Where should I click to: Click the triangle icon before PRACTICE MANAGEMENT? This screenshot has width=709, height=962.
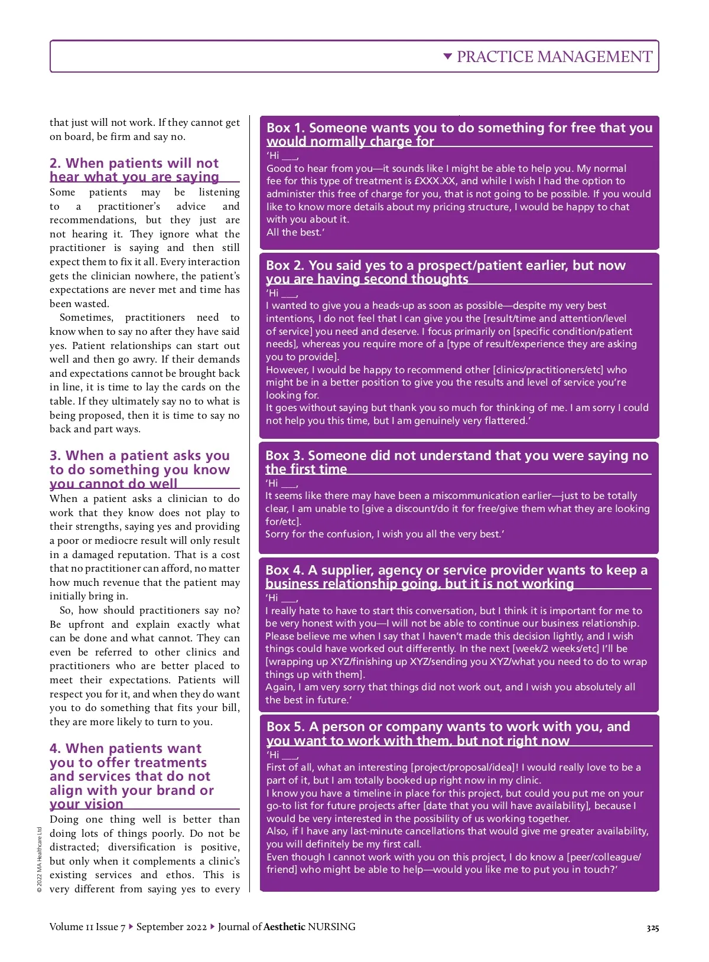[448, 57]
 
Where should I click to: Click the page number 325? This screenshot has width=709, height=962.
[652, 928]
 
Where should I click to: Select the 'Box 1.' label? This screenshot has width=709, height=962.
[285, 128]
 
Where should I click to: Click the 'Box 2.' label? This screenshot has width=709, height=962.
[285, 266]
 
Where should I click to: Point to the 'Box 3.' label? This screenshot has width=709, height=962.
[284, 456]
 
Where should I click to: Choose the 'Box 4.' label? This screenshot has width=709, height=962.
[284, 570]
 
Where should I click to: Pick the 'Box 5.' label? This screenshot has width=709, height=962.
[285, 727]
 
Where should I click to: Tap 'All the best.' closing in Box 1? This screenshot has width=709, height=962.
[295, 232]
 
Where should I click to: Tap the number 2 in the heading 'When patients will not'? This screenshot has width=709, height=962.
[55, 164]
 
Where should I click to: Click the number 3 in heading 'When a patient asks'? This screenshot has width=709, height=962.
[55, 456]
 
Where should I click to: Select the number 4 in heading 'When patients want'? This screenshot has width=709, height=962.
[55, 749]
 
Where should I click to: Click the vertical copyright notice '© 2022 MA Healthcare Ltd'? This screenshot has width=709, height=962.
[40, 860]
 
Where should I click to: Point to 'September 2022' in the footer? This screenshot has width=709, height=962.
[171, 927]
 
